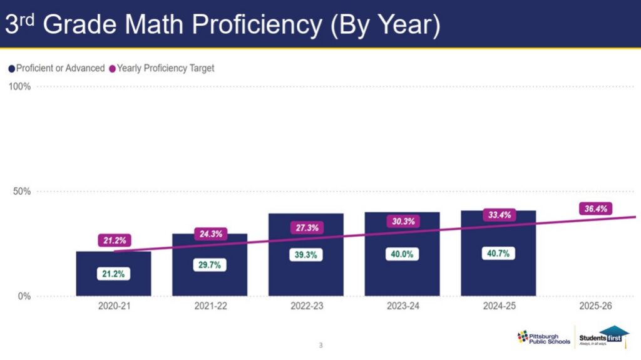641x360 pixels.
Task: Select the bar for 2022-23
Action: [306, 275]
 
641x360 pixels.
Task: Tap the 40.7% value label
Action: [498, 254]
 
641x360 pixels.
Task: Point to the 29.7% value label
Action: [210, 265]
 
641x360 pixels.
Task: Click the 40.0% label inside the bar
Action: [402, 254]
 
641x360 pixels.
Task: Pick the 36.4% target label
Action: [596, 209]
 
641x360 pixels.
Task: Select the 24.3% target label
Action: [210, 234]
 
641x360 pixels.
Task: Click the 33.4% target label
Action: [500, 215]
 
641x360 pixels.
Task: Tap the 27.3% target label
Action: [307, 228]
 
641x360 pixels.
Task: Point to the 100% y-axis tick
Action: [19, 86]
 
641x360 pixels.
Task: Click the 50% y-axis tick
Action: [21, 191]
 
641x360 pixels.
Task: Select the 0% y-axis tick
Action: [24, 296]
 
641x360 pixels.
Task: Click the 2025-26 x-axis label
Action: [595, 307]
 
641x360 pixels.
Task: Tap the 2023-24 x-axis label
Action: [402, 307]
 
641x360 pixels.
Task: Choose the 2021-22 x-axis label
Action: [210, 307]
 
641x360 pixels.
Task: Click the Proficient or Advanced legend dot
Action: [11, 68]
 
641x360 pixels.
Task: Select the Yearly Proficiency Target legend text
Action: [165, 68]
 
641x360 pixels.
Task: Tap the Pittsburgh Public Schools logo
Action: [543, 337]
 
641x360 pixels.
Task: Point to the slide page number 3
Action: [320, 345]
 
